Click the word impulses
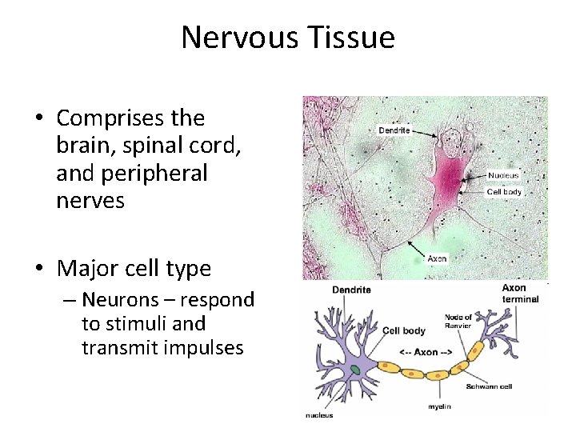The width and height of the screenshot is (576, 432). [206, 348]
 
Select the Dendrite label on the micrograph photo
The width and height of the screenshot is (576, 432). [394, 130]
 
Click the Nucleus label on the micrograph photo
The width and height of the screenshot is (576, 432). [503, 175]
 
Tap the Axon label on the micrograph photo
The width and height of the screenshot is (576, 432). [437, 258]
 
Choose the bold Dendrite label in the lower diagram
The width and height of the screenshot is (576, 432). [352, 290]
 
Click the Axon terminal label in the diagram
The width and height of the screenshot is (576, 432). [520, 294]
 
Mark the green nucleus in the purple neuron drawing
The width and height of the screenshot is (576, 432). [355, 370]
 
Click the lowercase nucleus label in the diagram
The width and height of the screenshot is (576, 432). [320, 414]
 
